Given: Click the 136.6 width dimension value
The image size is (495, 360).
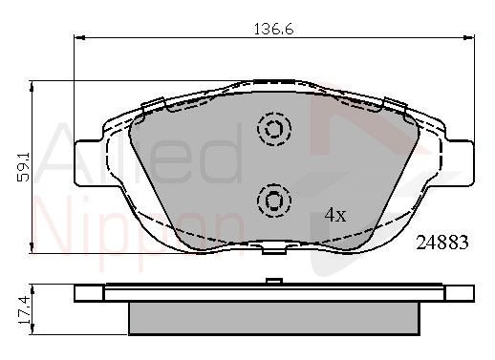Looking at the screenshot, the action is [273, 30].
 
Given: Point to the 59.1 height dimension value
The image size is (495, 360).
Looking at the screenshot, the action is [23, 167].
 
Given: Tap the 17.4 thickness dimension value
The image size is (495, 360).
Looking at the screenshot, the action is [25, 309].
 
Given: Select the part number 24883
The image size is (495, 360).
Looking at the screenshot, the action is [442, 243].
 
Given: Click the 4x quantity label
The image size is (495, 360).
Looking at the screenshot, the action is [335, 215].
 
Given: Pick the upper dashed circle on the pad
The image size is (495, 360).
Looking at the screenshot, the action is [274, 129].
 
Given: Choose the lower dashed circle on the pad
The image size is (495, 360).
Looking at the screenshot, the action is [274, 201].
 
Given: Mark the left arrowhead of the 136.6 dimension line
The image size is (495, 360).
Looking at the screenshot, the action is [78, 37].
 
